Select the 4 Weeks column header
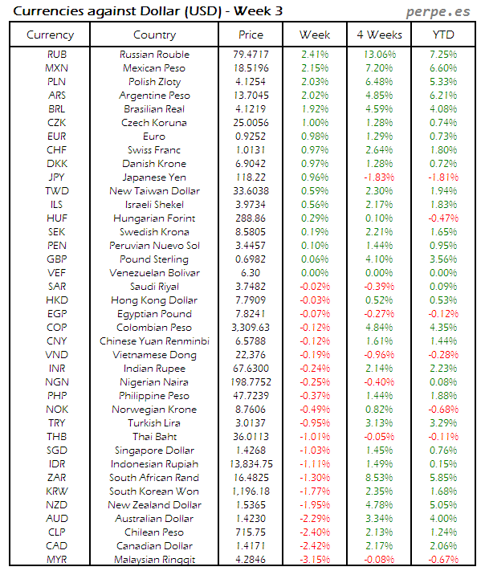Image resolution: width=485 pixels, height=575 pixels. click(x=378, y=35)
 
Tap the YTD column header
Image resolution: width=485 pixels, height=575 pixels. click(x=443, y=35)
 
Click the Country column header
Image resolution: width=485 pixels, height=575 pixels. click(x=154, y=35)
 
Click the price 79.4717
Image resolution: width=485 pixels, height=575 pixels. click(x=251, y=55)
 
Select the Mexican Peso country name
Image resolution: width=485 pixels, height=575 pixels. click(x=154, y=68)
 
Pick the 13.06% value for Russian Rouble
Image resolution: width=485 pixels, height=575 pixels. click(x=378, y=55)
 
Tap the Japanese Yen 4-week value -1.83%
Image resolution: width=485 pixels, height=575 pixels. click(x=378, y=177)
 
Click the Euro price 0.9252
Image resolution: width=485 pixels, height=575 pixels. click(x=251, y=137)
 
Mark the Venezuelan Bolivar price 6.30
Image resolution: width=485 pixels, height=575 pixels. click(x=251, y=273)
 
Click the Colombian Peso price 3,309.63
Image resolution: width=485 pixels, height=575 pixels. click(x=251, y=328)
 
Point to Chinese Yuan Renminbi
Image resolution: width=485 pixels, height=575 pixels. click(x=154, y=341)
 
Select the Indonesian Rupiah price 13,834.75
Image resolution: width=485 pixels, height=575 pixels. click(x=251, y=464)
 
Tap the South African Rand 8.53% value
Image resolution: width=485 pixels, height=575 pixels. click(x=378, y=478)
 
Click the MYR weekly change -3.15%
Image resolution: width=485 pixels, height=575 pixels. click(x=315, y=560)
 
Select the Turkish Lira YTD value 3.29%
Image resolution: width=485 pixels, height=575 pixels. click(x=443, y=423)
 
